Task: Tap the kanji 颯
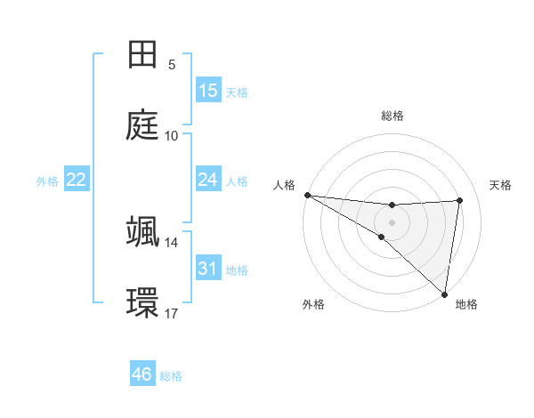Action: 143,231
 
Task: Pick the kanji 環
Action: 143,302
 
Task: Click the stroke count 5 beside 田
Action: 172,65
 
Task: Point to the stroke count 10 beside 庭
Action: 172,136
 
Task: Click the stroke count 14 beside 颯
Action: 172,242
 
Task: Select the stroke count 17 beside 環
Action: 172,313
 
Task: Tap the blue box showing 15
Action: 208,91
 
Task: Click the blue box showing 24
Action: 208,180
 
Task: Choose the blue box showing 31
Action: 208,269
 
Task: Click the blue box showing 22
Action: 77,180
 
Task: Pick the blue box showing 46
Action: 142,374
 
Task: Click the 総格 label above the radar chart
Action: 392,116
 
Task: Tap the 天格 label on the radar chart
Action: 501,185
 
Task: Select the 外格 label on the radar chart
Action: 313,305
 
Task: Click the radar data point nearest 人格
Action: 307,195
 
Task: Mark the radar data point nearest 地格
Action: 444,293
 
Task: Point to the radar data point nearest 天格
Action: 460,200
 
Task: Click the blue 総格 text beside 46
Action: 171,376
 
